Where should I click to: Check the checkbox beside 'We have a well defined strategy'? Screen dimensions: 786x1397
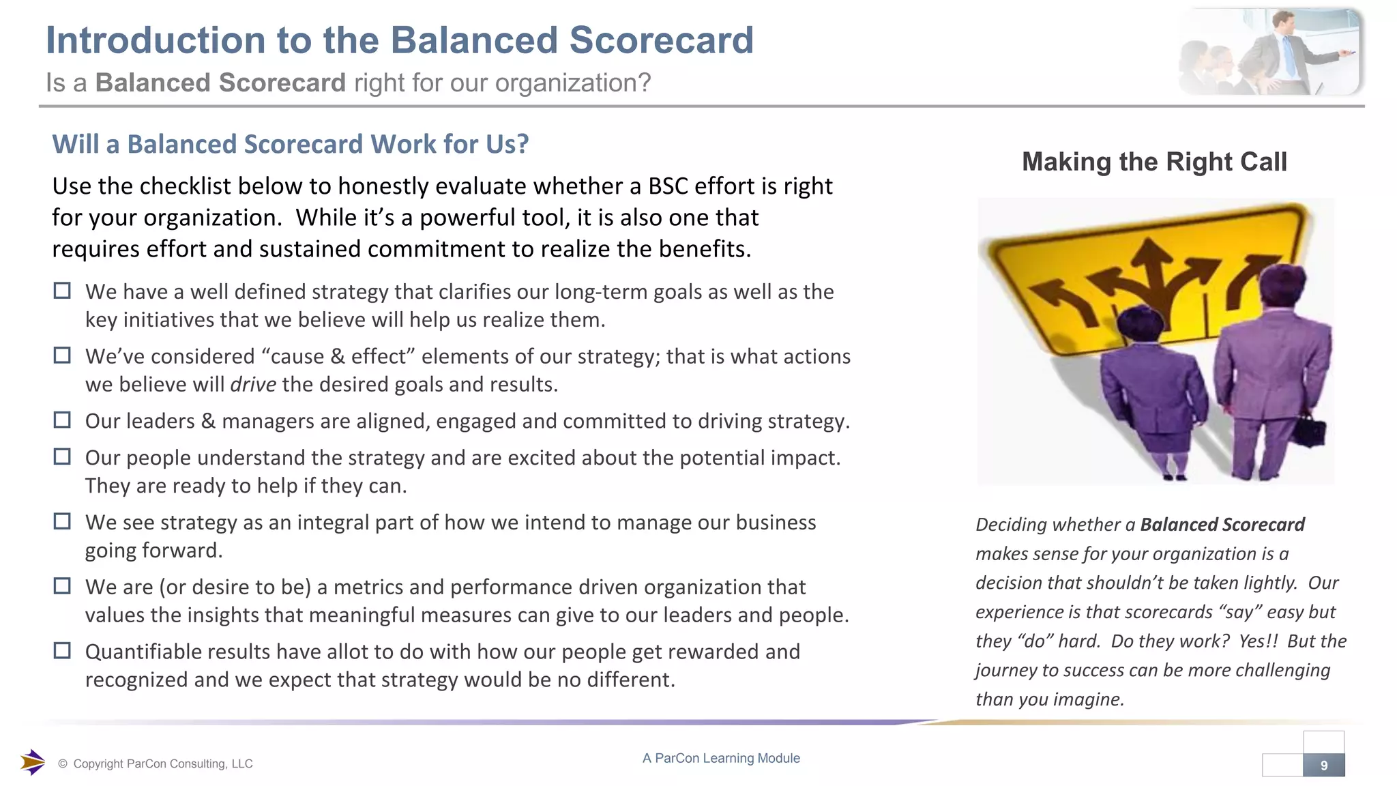coord(62,291)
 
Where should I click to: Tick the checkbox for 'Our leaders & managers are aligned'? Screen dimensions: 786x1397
coord(62,420)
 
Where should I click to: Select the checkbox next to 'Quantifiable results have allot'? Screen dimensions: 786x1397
coord(62,651)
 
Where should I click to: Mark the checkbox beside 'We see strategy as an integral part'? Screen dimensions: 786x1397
coord(62,522)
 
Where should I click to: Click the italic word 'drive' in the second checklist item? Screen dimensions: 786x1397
coord(253,385)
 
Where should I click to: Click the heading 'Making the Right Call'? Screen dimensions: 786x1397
coord(1154,162)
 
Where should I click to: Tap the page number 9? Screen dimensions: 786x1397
coord(1324,766)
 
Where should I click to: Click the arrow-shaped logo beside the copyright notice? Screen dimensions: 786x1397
coord(32,762)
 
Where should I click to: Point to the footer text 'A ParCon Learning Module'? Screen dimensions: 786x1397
coord(721,758)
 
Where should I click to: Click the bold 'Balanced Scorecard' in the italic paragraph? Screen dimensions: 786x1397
coord(1222,525)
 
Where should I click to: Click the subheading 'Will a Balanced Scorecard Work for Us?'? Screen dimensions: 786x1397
coord(291,145)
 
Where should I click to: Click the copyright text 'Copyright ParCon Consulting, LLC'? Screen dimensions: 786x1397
coord(162,764)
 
